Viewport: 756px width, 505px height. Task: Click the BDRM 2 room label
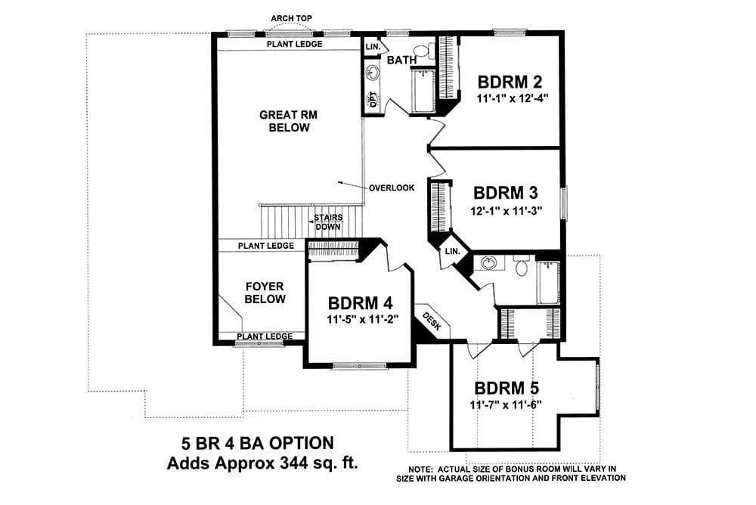point(510,82)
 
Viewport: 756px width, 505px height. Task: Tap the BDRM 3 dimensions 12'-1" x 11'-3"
point(507,211)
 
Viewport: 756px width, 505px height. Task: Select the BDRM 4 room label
point(360,303)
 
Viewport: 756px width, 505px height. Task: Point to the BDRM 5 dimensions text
point(506,405)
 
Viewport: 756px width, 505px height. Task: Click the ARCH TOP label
point(291,18)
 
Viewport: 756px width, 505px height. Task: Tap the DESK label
point(432,321)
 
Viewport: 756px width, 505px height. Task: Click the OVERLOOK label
point(392,188)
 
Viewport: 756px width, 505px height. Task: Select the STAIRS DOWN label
point(328,222)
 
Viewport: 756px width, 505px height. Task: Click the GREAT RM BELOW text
point(288,121)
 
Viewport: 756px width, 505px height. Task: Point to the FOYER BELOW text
point(265,293)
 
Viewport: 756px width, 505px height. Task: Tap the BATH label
point(401,60)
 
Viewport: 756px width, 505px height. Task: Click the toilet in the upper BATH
point(423,50)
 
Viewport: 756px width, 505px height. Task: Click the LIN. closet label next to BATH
point(373,48)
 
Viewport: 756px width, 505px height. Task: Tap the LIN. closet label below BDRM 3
point(452,251)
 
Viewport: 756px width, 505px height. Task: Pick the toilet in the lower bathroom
point(521,266)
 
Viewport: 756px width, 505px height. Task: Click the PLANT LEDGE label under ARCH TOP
point(295,44)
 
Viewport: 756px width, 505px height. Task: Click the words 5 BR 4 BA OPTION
point(258,443)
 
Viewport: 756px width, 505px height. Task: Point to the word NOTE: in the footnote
point(421,469)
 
